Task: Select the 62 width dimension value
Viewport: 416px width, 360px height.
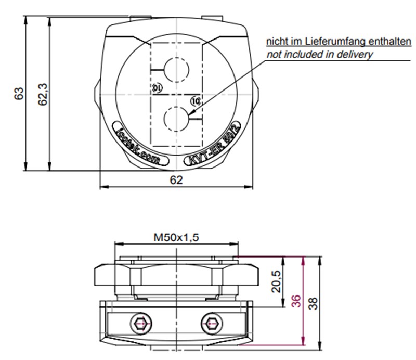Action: [176, 180]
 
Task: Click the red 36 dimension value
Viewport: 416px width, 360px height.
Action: [296, 301]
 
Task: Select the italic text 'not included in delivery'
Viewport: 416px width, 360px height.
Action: [319, 54]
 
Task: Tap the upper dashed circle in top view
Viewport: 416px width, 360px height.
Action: [177, 69]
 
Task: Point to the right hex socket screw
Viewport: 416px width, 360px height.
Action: [211, 324]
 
